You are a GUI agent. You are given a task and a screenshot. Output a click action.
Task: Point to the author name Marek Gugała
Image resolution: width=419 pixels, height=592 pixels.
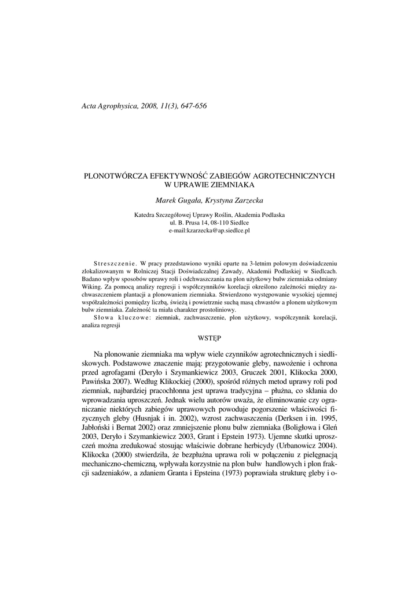178,200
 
